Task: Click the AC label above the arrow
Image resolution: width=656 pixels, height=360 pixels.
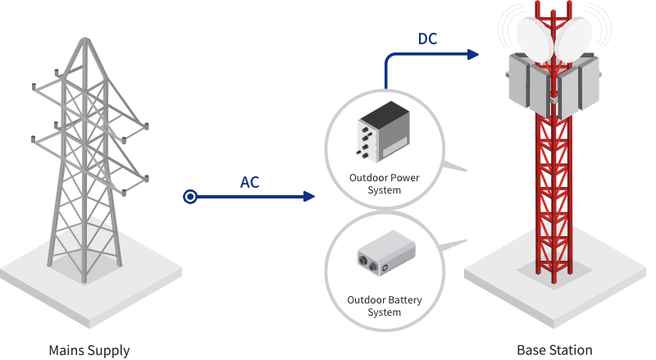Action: point(249,182)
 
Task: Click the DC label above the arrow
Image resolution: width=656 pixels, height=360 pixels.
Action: point(428,39)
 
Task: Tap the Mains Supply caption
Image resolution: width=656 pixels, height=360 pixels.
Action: point(89,350)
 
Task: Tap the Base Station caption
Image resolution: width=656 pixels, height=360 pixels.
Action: point(554,350)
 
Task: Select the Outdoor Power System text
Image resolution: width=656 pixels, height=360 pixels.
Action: point(385,185)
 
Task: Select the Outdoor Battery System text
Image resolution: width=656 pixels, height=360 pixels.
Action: point(385,306)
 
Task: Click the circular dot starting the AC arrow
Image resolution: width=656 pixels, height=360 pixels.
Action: point(190,197)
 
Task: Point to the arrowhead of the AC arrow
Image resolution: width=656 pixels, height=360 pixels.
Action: point(310,197)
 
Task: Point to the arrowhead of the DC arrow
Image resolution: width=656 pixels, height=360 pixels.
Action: point(473,55)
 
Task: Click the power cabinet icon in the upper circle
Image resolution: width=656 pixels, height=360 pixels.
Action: point(385,131)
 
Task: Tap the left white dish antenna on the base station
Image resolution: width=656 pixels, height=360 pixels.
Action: point(535,37)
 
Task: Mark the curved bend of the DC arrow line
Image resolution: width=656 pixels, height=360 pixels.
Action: point(389,59)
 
